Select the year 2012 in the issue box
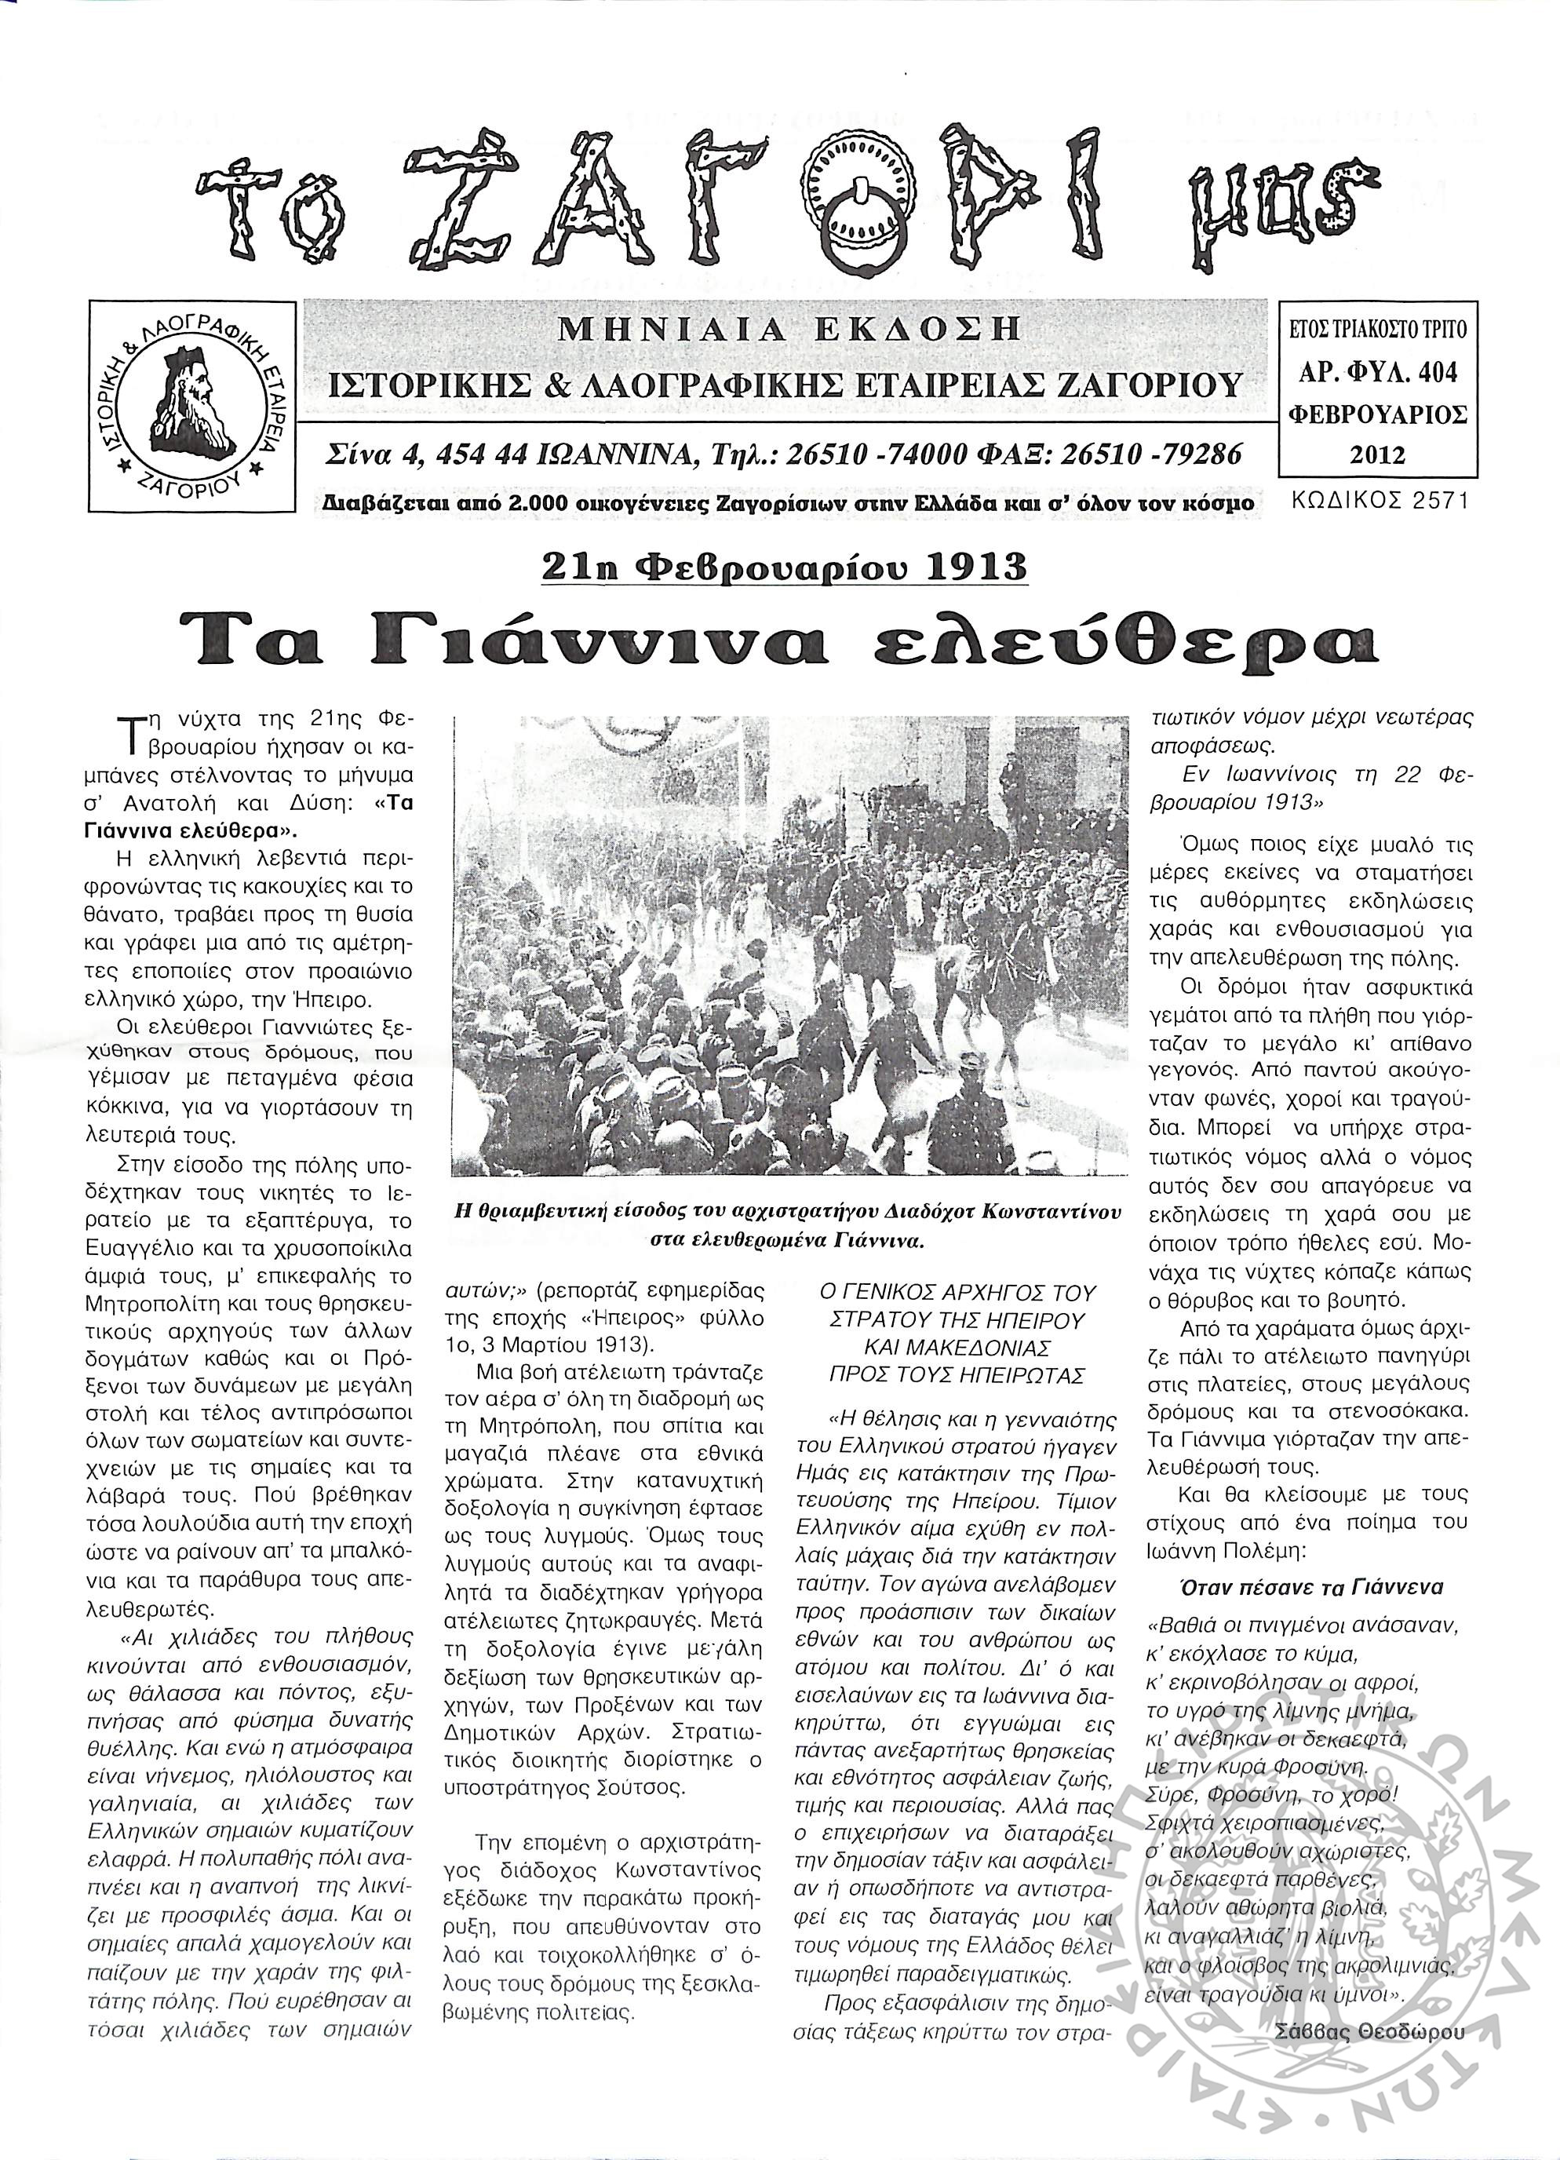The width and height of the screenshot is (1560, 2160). pyautogui.click(x=1377, y=454)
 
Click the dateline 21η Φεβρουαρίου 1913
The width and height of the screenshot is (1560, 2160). pyautogui.click(x=783, y=567)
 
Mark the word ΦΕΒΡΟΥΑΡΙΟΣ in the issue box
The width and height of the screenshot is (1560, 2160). pyautogui.click(x=1377, y=414)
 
